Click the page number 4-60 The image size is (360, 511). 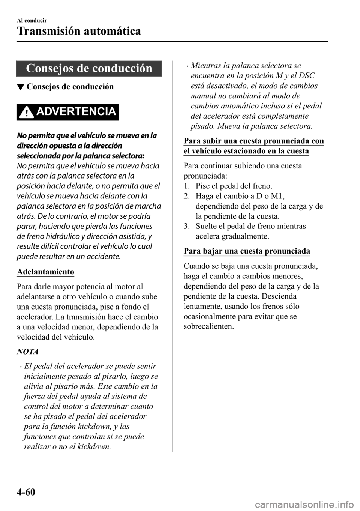pos(26,491)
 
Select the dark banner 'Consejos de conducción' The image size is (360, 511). pos(89,68)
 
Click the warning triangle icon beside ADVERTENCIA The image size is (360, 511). pos(27,112)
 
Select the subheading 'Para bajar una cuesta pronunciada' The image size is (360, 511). pos(247,251)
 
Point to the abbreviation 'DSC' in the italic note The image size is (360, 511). pos(306,75)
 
